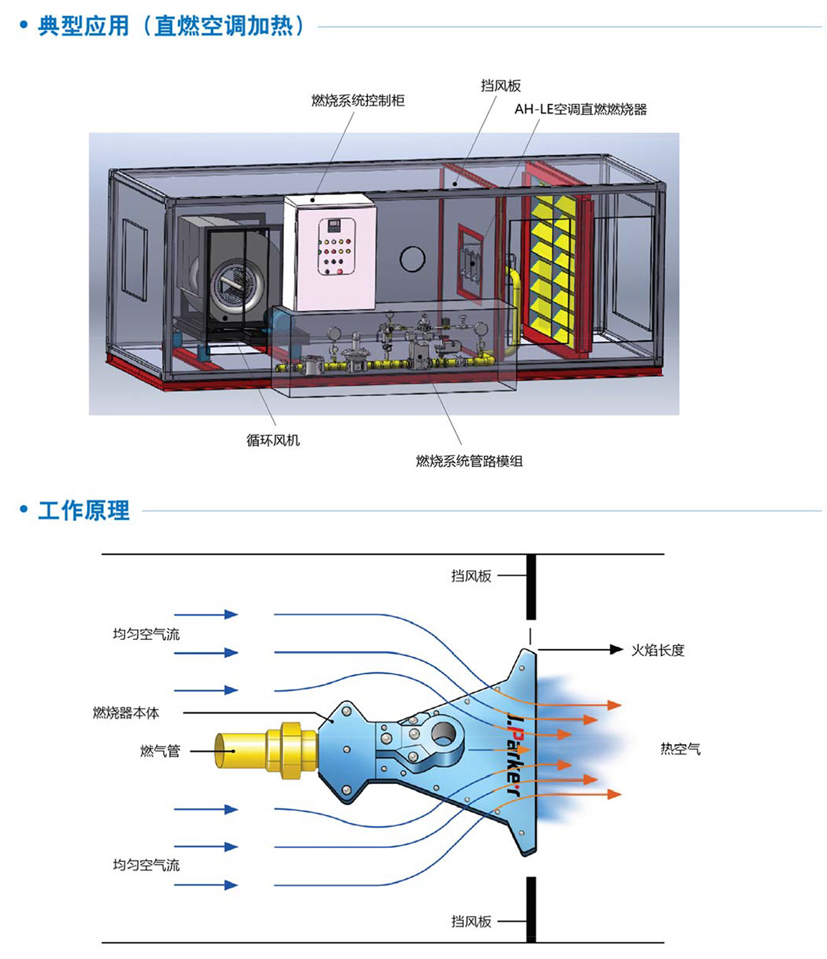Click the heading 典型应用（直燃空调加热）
(171, 27)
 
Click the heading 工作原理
(83, 511)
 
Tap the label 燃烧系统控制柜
(358, 101)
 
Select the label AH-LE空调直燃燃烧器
(580, 109)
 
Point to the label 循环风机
(273, 440)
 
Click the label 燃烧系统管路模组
(469, 461)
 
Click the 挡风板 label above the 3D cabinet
(500, 85)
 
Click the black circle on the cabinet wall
(412, 260)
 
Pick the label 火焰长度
(658, 650)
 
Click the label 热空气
(680, 749)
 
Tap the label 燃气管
(160, 751)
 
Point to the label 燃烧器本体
(125, 712)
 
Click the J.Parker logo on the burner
(515, 754)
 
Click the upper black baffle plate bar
(531, 587)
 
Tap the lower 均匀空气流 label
(146, 865)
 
